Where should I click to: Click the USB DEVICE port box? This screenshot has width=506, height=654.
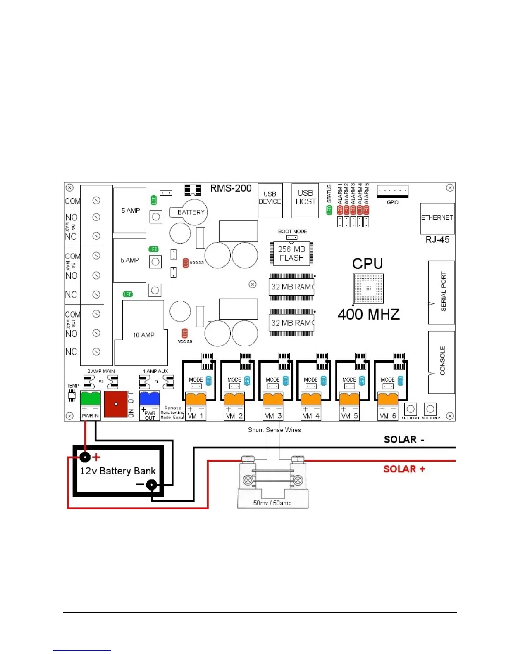(x=270, y=201)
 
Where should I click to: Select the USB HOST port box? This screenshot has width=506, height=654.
(x=305, y=201)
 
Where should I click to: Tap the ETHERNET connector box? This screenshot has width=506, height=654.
(x=437, y=218)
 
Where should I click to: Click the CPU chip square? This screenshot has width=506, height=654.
(x=368, y=288)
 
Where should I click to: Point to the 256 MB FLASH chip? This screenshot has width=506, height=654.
(x=291, y=254)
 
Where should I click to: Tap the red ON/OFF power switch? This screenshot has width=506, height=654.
(x=116, y=404)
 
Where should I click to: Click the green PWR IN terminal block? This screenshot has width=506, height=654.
(x=90, y=398)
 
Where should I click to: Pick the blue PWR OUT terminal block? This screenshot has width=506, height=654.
(x=149, y=398)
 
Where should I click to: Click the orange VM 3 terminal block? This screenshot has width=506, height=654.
(x=273, y=399)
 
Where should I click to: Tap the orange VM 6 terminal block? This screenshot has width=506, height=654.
(x=388, y=399)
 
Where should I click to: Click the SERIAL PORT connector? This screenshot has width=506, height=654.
(x=442, y=292)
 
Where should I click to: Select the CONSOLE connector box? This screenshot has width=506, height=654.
(x=442, y=361)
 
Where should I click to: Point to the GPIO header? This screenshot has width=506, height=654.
(x=392, y=191)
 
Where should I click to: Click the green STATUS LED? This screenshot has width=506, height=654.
(x=329, y=210)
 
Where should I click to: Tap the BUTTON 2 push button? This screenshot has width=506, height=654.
(x=430, y=409)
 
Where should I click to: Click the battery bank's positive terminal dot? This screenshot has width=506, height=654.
(x=85, y=457)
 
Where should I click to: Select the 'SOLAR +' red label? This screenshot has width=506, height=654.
(x=404, y=469)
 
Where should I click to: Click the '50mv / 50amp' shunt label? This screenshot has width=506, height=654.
(x=272, y=503)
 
